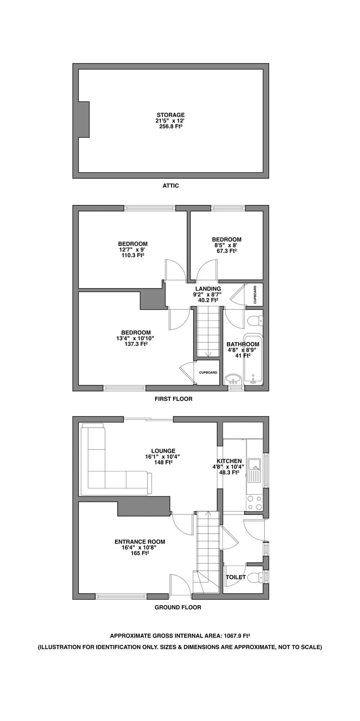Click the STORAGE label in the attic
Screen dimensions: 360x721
point(170,115)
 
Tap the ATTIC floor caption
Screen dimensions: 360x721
point(170,186)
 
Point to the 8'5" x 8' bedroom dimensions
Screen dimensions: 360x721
point(226,245)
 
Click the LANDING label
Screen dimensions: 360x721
point(208,289)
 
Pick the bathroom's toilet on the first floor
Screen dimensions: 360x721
point(255,320)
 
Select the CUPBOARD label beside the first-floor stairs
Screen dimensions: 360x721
point(208,372)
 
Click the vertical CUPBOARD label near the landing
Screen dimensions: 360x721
point(255,295)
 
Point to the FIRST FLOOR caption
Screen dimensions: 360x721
point(173,399)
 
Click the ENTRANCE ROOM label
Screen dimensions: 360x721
point(140,542)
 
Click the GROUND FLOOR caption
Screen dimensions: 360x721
point(178,607)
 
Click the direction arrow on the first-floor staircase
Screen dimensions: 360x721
point(208,354)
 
